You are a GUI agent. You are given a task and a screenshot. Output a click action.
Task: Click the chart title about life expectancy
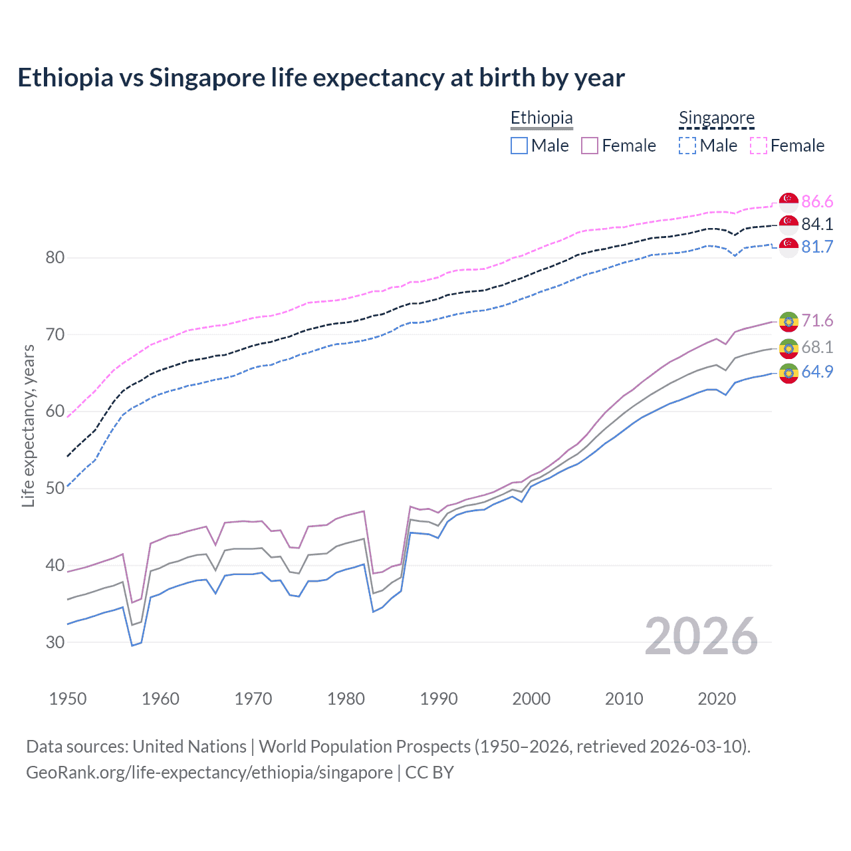click(321, 78)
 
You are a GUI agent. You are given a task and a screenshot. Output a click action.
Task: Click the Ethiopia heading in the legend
click(541, 118)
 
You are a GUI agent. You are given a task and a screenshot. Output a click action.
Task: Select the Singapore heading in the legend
click(716, 118)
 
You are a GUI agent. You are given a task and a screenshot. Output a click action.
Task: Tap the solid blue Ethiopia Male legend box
click(519, 146)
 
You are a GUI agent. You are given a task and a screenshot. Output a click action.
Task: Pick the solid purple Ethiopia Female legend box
click(590, 146)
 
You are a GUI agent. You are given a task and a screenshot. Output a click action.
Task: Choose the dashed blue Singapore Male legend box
click(687, 146)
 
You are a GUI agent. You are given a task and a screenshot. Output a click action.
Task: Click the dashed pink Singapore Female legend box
click(759, 146)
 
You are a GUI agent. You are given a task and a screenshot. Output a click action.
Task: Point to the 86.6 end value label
click(817, 201)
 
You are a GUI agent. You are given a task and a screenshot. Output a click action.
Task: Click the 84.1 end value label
click(817, 224)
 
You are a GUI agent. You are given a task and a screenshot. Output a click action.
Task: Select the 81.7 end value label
click(817, 247)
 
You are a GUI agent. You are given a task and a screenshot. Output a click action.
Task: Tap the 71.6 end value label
click(817, 320)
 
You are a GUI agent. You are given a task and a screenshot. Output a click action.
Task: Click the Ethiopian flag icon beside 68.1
click(789, 348)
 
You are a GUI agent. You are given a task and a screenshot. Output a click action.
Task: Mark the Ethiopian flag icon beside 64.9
click(789, 373)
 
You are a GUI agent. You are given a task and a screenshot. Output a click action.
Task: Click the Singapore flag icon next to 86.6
click(789, 201)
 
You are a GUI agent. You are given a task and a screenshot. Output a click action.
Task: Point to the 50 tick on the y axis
click(55, 488)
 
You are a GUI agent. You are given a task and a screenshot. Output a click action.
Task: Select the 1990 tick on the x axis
click(439, 699)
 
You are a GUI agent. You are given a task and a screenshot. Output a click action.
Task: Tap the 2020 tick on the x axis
click(717, 699)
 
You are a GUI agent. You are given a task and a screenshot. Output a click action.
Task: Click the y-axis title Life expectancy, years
click(29, 425)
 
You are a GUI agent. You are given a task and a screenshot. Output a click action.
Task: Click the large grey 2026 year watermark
click(701, 636)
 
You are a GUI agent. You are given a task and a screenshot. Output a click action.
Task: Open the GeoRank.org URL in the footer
click(209, 773)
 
